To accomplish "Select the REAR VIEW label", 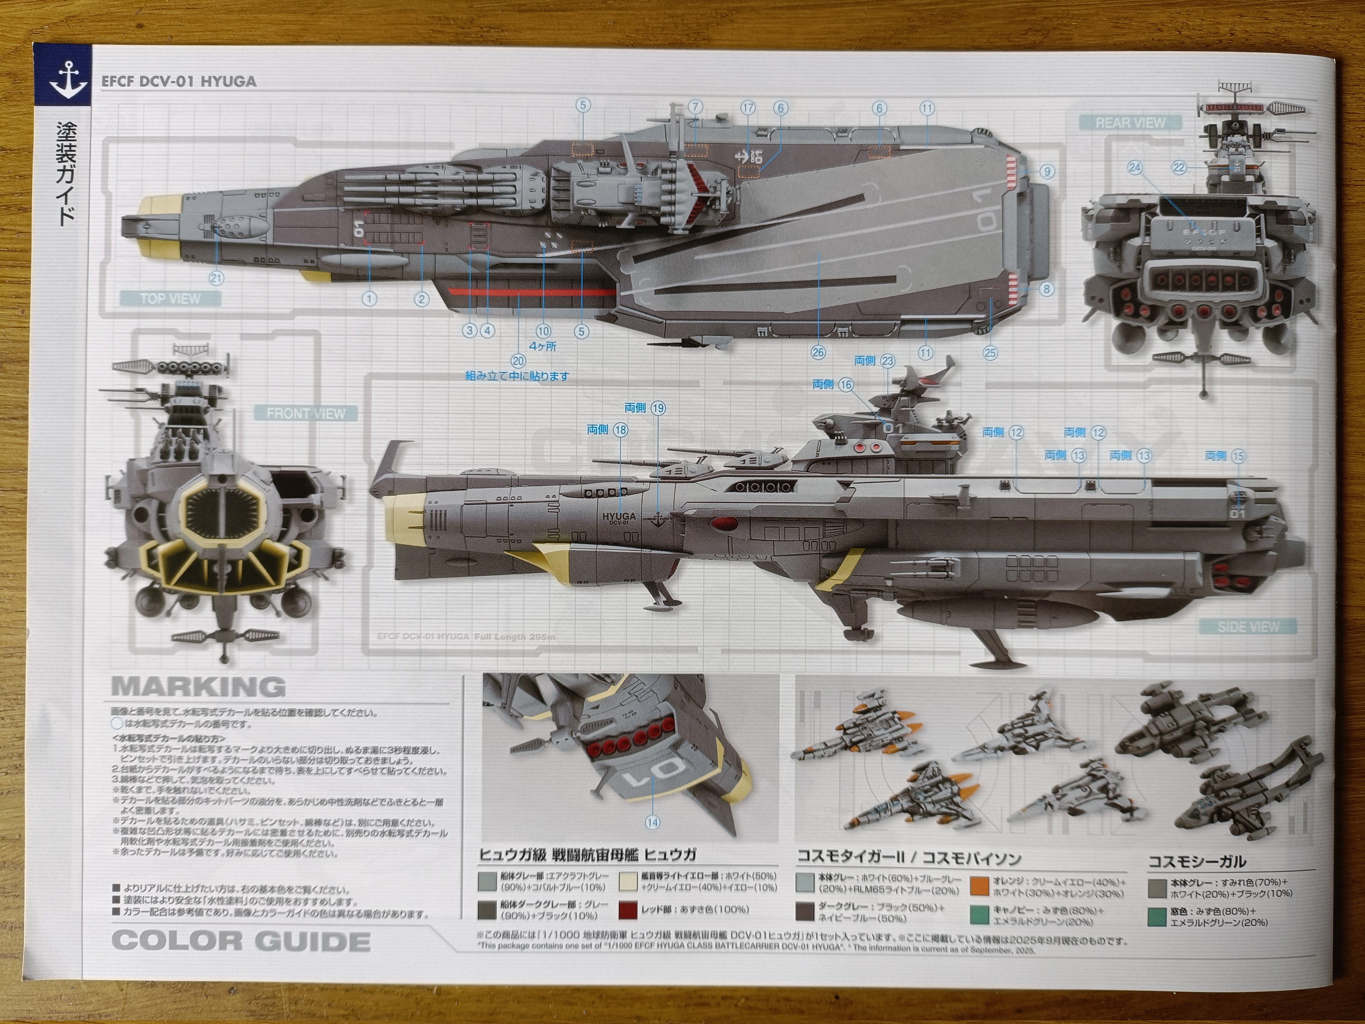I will click(1130, 123).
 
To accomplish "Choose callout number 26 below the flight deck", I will click(818, 353).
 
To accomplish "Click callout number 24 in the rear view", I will click(1134, 168).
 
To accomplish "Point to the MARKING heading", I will click(199, 687).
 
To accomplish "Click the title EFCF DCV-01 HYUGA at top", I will click(179, 81).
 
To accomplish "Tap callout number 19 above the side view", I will click(658, 408).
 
